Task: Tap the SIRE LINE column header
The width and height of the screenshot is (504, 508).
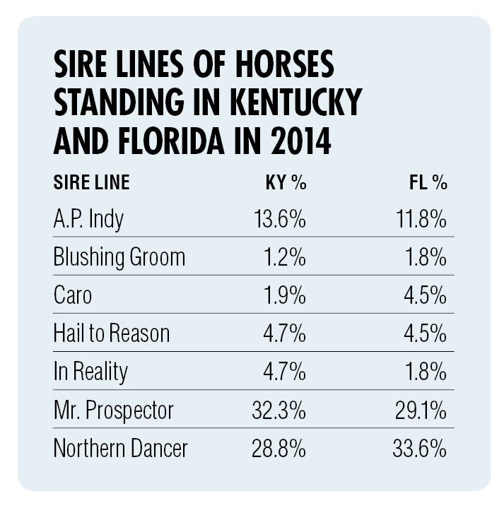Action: [91, 183]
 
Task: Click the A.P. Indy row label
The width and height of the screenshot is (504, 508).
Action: [88, 220]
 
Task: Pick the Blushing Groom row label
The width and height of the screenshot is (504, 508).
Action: [119, 257]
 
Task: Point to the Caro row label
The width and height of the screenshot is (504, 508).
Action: [72, 295]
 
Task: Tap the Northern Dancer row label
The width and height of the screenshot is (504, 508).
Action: [120, 448]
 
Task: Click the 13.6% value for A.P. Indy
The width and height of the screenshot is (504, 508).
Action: [279, 220]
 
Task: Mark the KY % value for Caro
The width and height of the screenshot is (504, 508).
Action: [286, 295]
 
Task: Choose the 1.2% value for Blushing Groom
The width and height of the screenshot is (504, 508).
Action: [286, 257]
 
